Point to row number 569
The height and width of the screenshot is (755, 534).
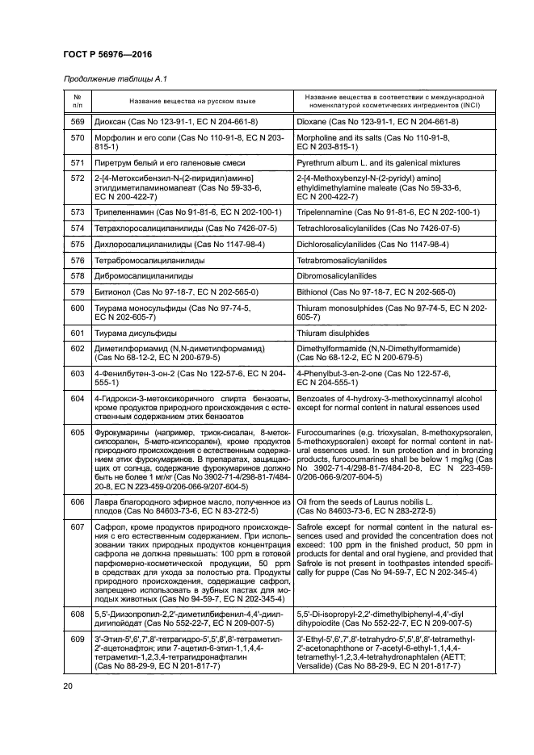78,121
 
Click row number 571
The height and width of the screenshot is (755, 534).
78,162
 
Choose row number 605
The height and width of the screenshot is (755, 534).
78,433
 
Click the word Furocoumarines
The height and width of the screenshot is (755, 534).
325,433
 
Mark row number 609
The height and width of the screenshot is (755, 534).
78,639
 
